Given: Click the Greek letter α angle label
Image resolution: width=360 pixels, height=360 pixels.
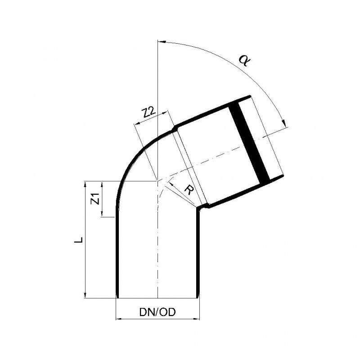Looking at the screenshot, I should (243, 59).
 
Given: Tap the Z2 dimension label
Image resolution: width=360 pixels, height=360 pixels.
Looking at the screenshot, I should (149, 113).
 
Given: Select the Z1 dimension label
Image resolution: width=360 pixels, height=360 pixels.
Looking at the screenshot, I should (94, 198).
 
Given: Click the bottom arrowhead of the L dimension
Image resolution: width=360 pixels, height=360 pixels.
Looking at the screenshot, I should (85, 294).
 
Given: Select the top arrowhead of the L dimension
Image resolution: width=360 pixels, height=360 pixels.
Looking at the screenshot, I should (85, 184).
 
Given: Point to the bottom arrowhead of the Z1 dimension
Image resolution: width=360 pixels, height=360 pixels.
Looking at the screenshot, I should (103, 215).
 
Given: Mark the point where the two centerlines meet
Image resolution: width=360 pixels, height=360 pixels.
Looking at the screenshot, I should (157, 181).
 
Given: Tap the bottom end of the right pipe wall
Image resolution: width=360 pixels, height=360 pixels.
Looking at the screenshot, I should (198, 297).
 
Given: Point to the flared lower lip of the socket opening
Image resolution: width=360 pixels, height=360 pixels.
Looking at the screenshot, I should (277, 178).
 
